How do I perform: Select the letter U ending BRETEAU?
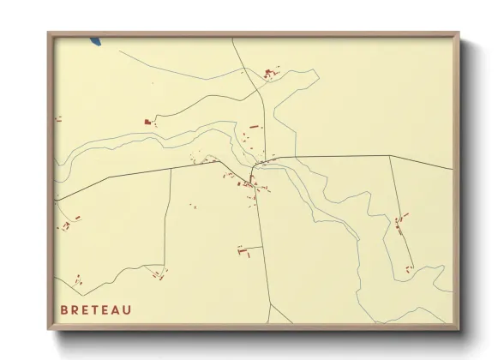pyautogui.click(x=128, y=309)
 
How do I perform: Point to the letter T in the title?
pyautogui.click(x=96, y=309)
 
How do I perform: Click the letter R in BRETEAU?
pyautogui.click(x=75, y=309)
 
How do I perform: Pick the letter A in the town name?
pyautogui.click(x=117, y=309)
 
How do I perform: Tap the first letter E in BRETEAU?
pyautogui.click(x=86, y=309)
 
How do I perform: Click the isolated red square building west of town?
pyautogui.click(x=147, y=123)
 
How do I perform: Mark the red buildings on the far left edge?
pyautogui.click(x=59, y=120)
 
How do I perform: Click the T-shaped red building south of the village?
pyautogui.click(x=242, y=250)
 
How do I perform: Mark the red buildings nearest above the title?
pyautogui.click(x=77, y=280)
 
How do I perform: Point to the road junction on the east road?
pyautogui.click(x=390, y=156)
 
